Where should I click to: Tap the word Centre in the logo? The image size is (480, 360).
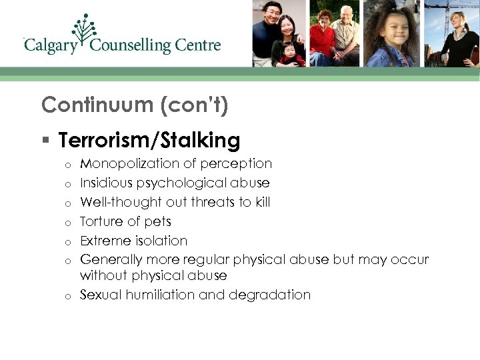point(197,45)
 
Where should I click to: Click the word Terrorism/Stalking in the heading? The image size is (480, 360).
point(149,140)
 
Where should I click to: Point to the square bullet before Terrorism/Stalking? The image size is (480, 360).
point(45,141)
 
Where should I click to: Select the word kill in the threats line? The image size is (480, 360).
point(261,201)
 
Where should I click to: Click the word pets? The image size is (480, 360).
point(159,221)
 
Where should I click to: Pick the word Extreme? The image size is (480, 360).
point(104,240)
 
